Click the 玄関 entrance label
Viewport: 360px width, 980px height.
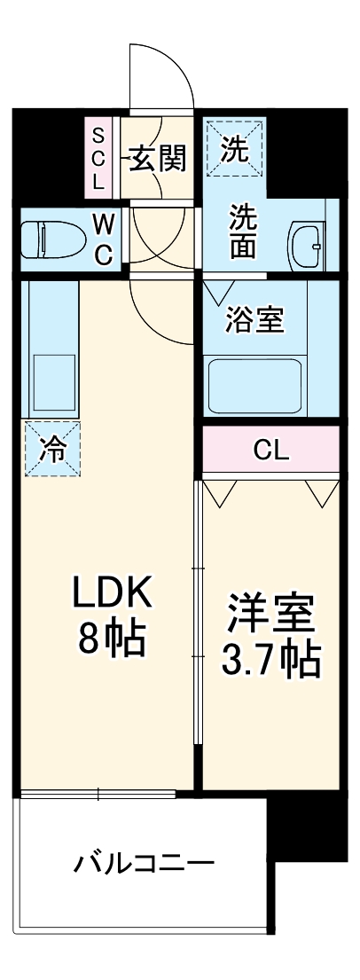coord(159,159)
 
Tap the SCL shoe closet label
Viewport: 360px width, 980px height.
coord(99,160)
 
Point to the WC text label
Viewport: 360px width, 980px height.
coord(104,239)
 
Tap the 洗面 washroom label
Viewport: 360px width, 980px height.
coord(244,232)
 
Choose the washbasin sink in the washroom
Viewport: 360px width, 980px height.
coord(308,241)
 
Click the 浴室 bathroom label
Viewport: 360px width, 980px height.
coord(255,319)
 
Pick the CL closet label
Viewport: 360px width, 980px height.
coord(271,451)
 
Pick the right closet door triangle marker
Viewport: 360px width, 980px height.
coord(323,490)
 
